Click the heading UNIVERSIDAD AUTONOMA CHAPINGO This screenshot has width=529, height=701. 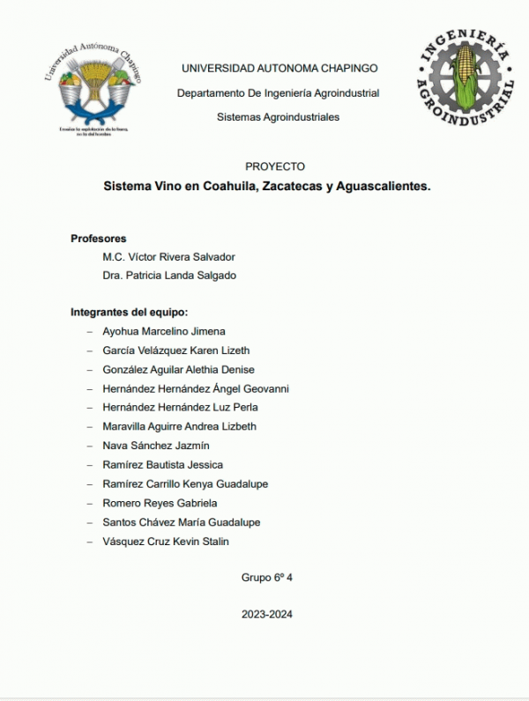[x=279, y=68]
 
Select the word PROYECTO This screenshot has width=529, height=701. [x=276, y=166]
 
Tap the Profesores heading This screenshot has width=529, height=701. [x=98, y=238]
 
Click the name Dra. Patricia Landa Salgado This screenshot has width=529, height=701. [x=169, y=276]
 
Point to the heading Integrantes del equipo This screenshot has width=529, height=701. [x=130, y=312]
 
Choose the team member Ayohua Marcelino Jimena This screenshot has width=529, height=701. [x=164, y=331]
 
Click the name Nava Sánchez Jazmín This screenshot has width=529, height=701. [x=156, y=446]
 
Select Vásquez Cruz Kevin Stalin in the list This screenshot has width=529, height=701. [x=166, y=542]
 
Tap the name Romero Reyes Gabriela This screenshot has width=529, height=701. [x=160, y=503]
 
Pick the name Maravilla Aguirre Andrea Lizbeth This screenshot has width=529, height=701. [x=180, y=426]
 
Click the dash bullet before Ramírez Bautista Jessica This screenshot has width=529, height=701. [x=89, y=465]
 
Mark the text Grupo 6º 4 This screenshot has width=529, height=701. [x=266, y=578]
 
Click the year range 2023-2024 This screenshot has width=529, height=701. [x=266, y=615]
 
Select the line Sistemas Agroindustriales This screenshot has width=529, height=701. [x=278, y=117]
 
